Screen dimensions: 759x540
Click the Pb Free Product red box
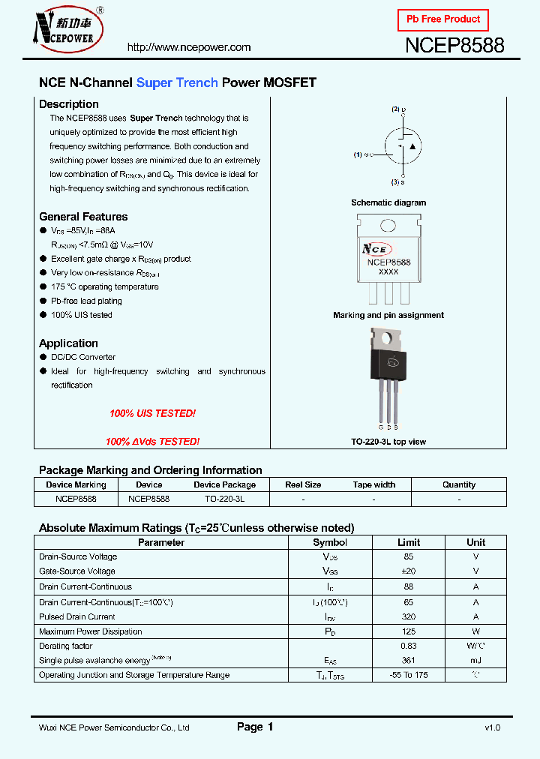(442, 19)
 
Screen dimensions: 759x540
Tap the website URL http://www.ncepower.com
(189, 47)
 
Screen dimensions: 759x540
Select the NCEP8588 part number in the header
(454, 46)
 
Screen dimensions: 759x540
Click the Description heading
(69, 104)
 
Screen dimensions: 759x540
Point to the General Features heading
(83, 217)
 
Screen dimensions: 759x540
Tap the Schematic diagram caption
(388, 202)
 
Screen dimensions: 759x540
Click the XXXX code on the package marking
(388, 272)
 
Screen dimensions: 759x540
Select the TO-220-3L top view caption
(388, 442)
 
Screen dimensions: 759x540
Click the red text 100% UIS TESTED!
(152, 413)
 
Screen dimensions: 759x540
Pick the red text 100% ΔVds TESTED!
(152, 442)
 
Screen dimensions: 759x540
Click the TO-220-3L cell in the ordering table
(224, 498)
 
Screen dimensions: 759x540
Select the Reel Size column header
(303, 484)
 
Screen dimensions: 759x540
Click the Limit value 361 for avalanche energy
(409, 660)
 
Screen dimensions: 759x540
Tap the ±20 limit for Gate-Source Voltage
(409, 571)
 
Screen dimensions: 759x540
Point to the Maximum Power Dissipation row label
(90, 631)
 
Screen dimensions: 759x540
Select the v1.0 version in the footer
(492, 727)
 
